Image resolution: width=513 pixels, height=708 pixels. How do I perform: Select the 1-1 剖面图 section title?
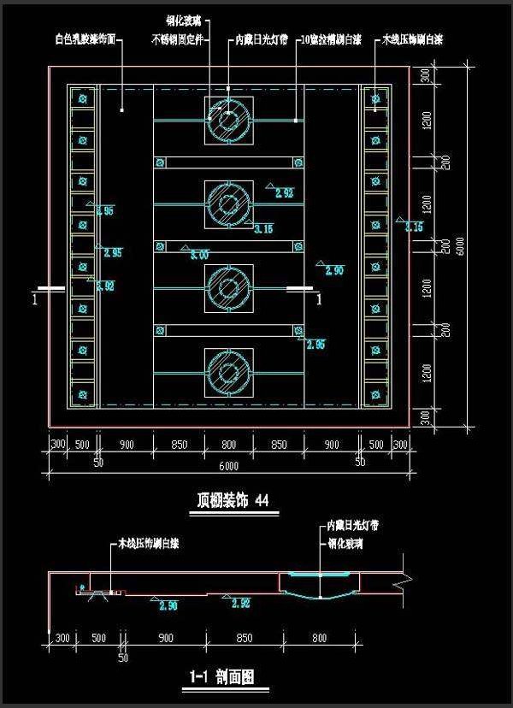click(x=221, y=676)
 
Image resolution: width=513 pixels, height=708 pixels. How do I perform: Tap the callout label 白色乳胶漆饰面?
click(x=85, y=40)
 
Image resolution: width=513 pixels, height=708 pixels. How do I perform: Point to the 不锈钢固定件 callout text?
click(x=177, y=40)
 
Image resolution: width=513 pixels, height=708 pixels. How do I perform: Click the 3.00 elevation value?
click(x=200, y=254)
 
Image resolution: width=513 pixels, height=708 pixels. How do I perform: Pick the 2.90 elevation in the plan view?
click(x=333, y=270)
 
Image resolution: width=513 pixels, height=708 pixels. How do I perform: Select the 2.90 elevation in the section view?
click(x=168, y=606)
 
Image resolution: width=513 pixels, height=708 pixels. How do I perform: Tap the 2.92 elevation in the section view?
click(x=241, y=603)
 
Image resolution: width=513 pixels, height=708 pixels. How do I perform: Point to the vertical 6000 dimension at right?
click(x=461, y=245)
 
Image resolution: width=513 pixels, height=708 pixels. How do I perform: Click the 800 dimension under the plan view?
click(x=228, y=445)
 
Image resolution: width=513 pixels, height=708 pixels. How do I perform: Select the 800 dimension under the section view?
click(x=319, y=638)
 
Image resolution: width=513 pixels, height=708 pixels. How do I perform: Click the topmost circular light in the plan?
click(x=228, y=120)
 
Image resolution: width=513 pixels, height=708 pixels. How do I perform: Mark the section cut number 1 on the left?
click(x=34, y=300)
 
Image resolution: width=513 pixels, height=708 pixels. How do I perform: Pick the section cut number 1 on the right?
click(x=319, y=300)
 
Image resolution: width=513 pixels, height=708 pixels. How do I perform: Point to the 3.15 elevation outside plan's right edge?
click(x=414, y=227)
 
